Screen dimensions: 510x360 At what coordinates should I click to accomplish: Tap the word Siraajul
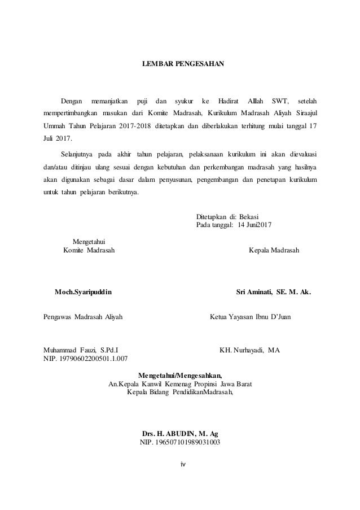304,113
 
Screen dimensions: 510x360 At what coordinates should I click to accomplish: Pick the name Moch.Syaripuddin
83,293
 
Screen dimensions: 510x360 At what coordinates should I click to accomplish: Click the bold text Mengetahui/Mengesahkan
181,375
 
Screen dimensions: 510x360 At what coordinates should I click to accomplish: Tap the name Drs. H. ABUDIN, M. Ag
180,433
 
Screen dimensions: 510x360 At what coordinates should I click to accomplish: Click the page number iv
182,465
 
